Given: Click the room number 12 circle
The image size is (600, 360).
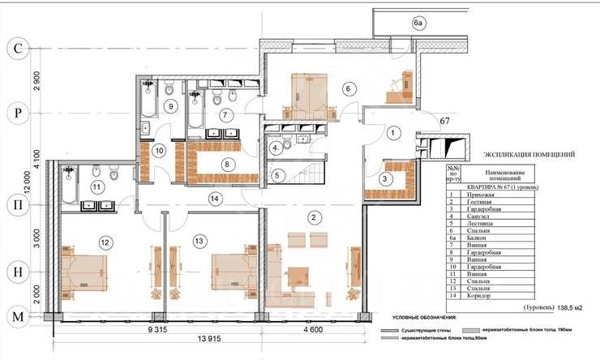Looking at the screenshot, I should [x=104, y=242].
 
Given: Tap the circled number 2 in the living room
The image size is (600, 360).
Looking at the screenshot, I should [x=315, y=216].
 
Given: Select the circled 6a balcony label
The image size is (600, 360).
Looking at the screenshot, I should [x=418, y=24].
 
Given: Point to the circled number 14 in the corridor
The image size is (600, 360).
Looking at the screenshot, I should [x=214, y=198].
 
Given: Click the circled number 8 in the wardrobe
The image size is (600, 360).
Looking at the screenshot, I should [x=227, y=165].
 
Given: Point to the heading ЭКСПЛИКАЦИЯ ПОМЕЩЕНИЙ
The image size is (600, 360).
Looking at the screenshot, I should [x=529, y=152].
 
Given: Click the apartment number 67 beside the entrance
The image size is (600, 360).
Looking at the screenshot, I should [x=444, y=122].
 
